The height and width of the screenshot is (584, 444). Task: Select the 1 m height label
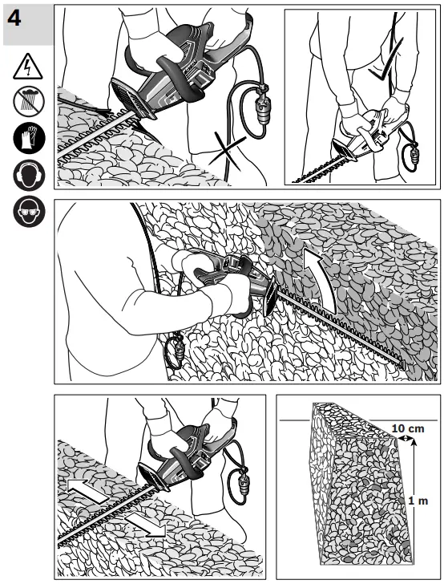(417, 501)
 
